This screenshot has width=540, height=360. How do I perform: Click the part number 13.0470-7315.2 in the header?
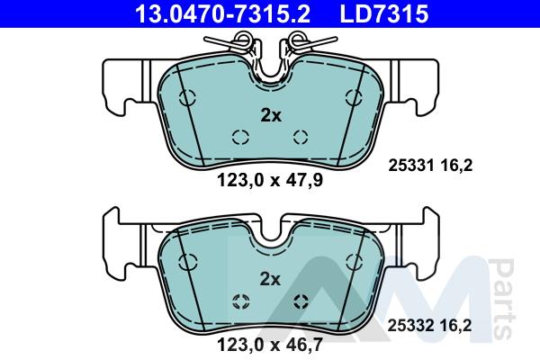click(x=222, y=13)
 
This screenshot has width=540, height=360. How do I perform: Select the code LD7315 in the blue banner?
click(x=384, y=13)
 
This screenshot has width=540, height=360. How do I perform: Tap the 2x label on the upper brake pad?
click(x=271, y=116)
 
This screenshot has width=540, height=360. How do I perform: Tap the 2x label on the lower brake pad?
click(x=270, y=279)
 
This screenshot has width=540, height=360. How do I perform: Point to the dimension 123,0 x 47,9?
click(x=270, y=180)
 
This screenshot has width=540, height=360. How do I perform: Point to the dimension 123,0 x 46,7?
click(x=270, y=344)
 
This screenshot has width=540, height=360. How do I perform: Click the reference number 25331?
click(x=411, y=166)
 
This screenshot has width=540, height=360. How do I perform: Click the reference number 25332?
click(x=410, y=326)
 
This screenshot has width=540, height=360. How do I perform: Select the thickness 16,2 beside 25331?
click(x=456, y=166)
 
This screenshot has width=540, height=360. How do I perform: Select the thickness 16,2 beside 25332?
click(x=455, y=326)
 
